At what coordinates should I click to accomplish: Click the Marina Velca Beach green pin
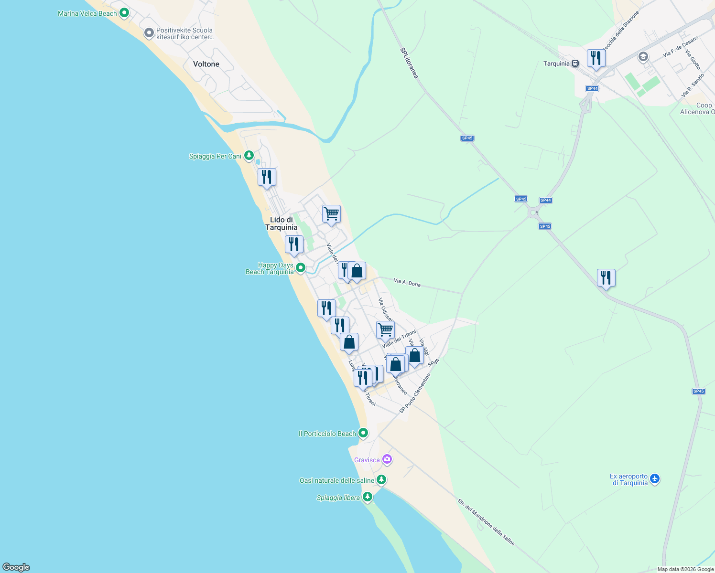tap(124, 13)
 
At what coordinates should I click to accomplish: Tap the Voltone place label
tap(206, 64)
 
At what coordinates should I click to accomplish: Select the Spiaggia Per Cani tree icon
tap(249, 155)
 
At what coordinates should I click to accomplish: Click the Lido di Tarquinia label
tap(282, 223)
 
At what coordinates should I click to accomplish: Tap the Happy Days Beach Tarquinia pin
tap(300, 268)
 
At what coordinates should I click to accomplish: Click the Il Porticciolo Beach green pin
tap(363, 433)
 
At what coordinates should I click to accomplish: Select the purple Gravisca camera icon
tap(387, 459)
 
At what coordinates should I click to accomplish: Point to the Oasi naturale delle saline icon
tap(381, 479)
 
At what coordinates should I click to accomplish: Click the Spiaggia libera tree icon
tap(367, 497)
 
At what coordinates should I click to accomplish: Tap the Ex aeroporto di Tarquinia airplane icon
tap(655, 478)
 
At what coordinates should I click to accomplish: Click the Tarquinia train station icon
tap(575, 64)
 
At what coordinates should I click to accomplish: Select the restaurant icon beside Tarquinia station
tap(596, 58)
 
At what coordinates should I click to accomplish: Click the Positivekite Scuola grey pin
tap(149, 33)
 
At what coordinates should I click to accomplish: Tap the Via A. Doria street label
tap(407, 283)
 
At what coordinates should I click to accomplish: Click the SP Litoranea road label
tap(409, 63)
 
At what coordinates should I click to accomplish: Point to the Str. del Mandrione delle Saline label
tap(486, 522)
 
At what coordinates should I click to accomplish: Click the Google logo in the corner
tap(16, 567)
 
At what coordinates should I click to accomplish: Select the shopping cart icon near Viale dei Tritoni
tap(385, 329)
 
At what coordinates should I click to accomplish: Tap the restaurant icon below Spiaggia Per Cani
tap(267, 177)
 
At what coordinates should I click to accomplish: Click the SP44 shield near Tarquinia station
tap(592, 88)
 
